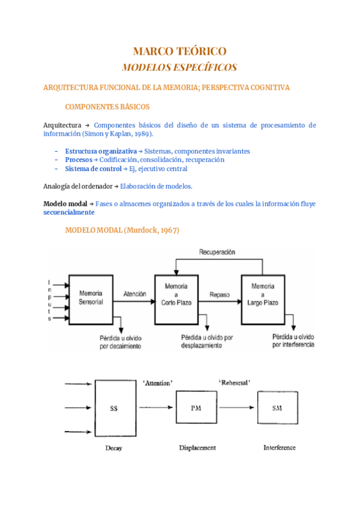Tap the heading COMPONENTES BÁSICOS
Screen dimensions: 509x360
point(107,107)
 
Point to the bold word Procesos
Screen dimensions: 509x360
point(78,160)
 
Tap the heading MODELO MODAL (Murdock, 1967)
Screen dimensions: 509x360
point(122,230)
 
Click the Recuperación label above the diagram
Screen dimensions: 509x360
point(217,252)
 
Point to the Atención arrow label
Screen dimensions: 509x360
point(134,294)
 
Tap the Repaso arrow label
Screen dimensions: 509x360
point(219,294)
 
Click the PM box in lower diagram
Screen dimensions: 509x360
point(195,408)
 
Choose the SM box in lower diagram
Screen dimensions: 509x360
point(277,408)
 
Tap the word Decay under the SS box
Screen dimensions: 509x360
point(113,448)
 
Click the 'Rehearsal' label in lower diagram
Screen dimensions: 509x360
point(235,381)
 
